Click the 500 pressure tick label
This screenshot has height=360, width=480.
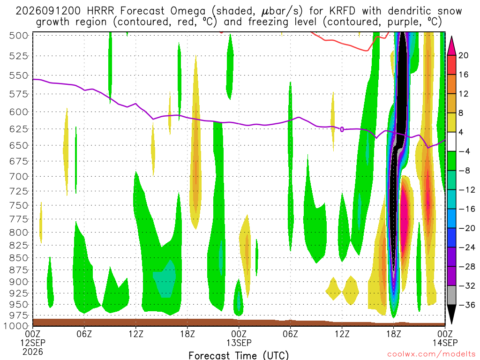tap(19, 36)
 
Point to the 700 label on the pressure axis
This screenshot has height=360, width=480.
tap(19, 177)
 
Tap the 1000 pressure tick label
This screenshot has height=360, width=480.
tap(16, 326)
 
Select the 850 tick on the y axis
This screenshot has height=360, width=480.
tap(19, 258)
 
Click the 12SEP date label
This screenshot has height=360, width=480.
tap(33, 343)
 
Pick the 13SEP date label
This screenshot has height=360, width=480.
tap(239, 343)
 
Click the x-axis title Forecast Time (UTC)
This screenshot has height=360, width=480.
tap(239, 355)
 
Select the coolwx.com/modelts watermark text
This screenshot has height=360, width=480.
tap(432, 354)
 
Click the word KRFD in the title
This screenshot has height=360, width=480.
tap(342, 11)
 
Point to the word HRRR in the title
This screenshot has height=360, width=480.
tap(100, 11)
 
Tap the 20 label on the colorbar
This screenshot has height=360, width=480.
tap(464, 55)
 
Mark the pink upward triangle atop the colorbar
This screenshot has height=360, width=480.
tap(451, 46)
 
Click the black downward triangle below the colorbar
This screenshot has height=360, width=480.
tap(451, 314)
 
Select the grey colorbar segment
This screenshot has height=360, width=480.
tap(451, 295)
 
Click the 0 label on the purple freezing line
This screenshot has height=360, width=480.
tap(342, 129)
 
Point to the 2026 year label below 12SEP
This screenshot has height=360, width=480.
tap(33, 352)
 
